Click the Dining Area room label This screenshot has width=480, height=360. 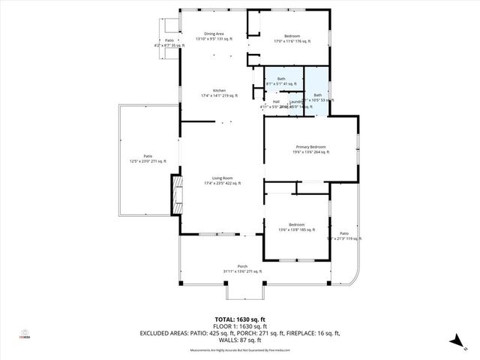coord(211,34)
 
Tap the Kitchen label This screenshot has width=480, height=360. coord(219,91)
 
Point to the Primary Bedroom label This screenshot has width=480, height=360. coord(310,146)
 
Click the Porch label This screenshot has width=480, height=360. coord(242,266)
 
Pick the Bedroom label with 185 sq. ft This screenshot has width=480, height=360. coord(297,224)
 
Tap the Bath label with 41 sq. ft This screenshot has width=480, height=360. coord(281,79)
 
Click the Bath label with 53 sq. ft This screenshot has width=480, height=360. coord(317,94)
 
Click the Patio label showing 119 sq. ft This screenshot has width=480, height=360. coord(343,233)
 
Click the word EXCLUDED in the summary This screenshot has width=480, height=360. coord(153,332)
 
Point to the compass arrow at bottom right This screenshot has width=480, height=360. coord(455,342)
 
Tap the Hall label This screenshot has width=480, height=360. coord(276,101)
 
